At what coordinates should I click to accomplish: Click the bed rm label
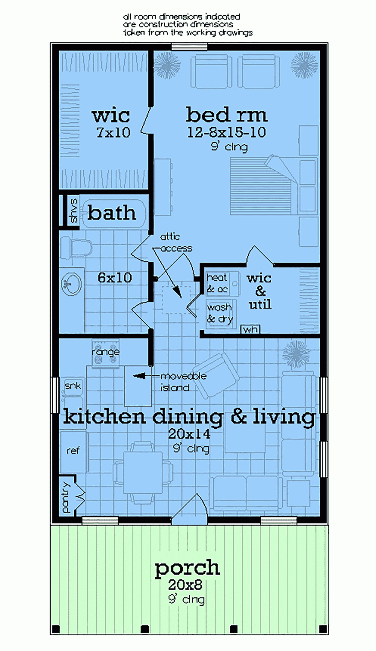(226, 115)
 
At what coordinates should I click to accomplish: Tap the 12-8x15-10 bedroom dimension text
(226, 133)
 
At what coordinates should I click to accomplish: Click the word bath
(112, 213)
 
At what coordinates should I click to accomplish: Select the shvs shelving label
(74, 210)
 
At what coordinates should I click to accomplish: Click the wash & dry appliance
(220, 313)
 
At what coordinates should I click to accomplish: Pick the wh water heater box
(250, 329)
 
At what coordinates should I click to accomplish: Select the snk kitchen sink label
(73, 386)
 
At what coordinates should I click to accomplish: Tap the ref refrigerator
(73, 451)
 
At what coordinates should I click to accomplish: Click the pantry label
(66, 497)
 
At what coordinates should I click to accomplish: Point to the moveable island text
(183, 382)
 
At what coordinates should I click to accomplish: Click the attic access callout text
(176, 243)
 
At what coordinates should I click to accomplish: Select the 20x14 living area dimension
(189, 434)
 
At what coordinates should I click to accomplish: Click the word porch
(187, 568)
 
